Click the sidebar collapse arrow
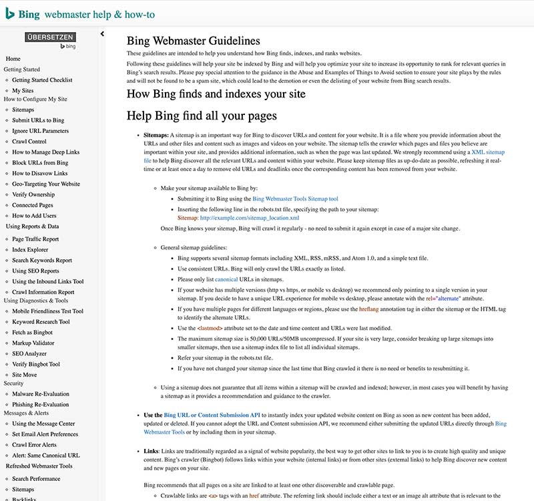[x=102, y=33]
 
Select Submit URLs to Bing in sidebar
[x=38, y=120]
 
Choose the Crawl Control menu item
[x=29, y=142]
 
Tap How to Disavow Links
[x=40, y=173]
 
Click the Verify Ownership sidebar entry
[x=33, y=194]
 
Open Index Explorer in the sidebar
[x=30, y=250]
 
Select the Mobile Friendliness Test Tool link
[x=47, y=311]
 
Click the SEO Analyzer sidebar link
[x=29, y=353]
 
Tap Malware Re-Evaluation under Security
[x=40, y=394]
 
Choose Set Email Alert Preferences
[x=45, y=434]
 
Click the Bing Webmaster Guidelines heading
[x=193, y=41]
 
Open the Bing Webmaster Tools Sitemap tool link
[x=295, y=198]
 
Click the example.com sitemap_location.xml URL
[x=249, y=218]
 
